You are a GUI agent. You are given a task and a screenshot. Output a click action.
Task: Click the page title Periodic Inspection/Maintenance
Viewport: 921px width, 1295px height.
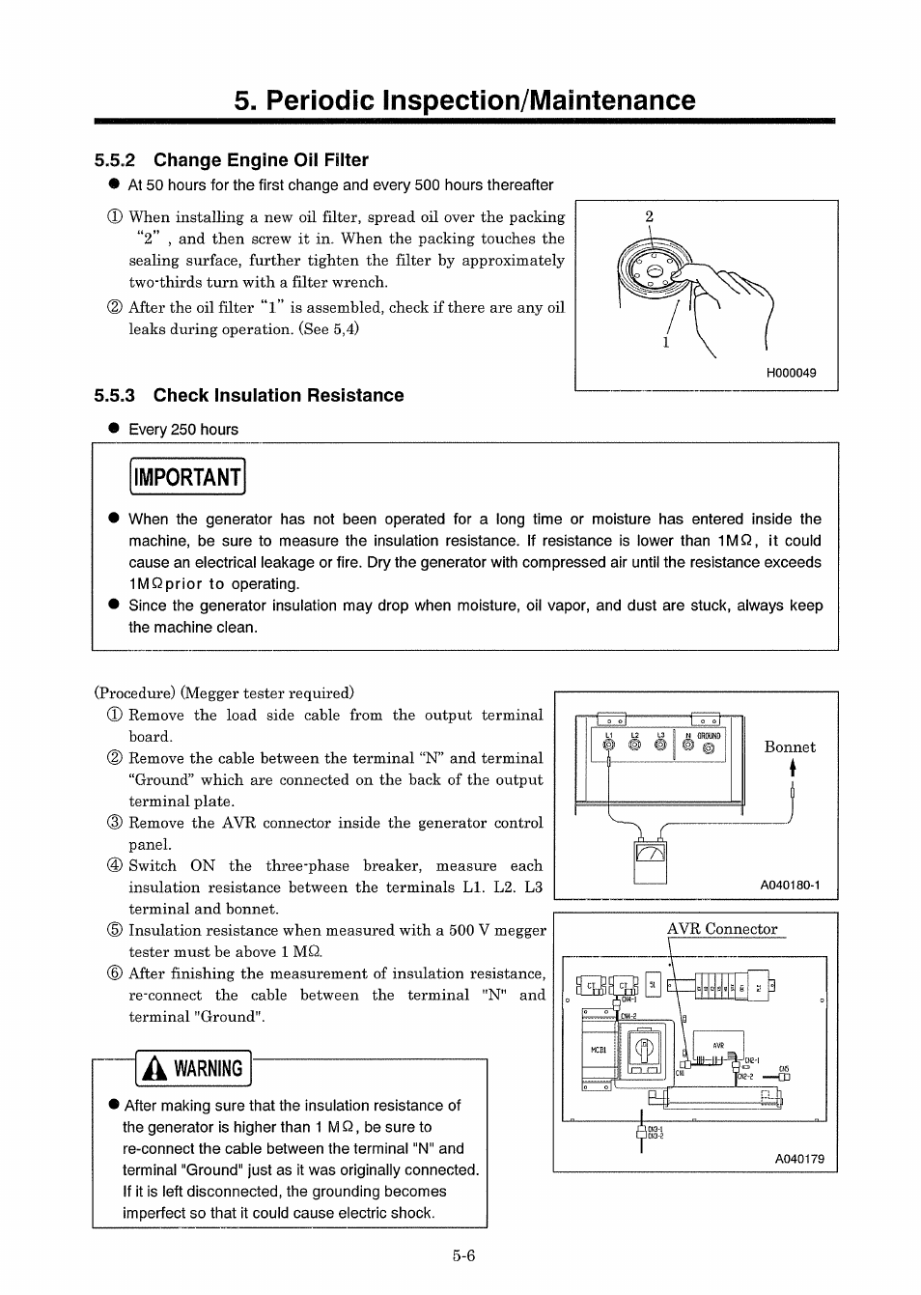[463, 100]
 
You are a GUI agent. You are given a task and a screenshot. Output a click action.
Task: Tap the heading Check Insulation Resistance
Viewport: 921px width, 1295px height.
[278, 395]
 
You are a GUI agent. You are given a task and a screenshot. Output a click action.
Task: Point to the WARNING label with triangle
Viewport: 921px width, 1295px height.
[194, 1069]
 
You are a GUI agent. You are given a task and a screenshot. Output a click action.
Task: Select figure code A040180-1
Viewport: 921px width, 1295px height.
[790, 885]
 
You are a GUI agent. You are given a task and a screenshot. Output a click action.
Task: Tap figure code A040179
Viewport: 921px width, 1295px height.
[800, 1159]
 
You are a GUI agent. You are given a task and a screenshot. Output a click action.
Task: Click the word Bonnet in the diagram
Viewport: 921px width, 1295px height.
[790, 747]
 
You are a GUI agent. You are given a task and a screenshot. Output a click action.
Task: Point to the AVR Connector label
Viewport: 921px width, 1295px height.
[722, 929]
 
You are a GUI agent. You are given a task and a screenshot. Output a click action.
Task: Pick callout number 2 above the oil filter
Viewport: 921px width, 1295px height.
[649, 217]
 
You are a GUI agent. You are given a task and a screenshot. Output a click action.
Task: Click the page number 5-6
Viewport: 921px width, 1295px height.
[463, 1256]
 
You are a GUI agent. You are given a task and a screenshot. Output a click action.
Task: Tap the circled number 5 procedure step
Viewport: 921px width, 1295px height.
[115, 931]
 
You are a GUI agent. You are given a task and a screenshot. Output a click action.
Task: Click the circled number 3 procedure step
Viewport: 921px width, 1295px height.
[115, 824]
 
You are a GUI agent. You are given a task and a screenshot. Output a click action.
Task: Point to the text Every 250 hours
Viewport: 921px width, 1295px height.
[182, 430]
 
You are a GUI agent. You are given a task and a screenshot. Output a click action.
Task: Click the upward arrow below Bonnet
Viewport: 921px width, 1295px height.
[793, 768]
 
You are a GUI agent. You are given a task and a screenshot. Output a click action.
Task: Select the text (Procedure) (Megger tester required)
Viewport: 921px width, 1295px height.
[224, 692]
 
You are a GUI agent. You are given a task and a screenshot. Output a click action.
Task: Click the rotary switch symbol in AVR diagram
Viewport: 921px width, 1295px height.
[645, 1047]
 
